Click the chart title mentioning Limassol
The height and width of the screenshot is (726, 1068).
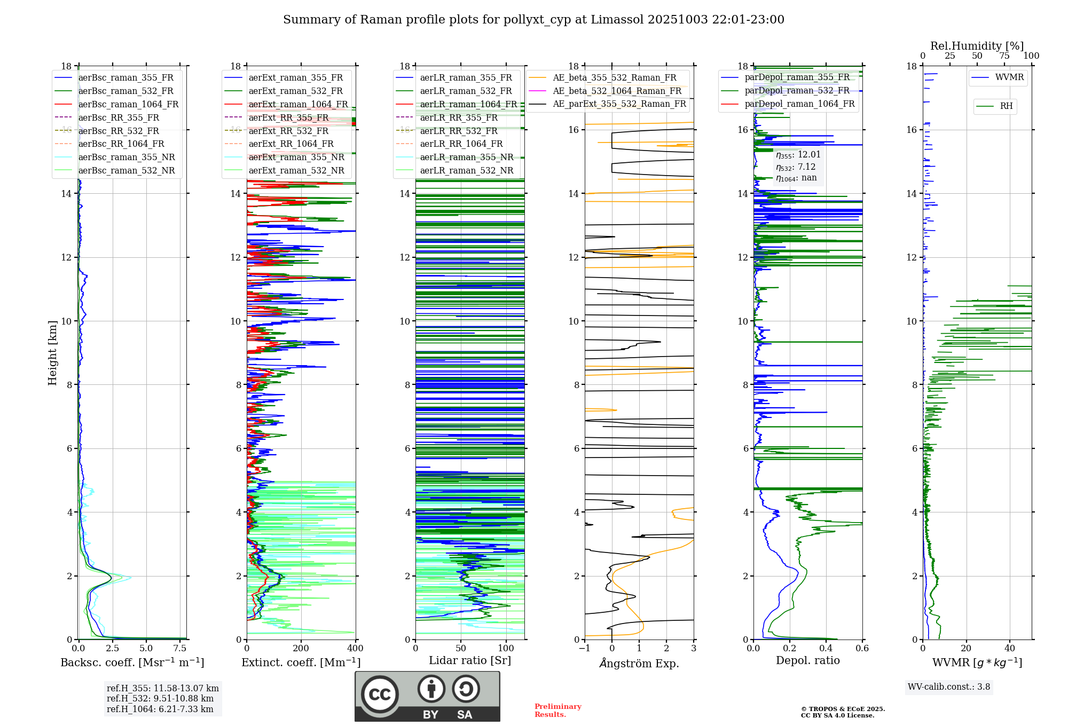[533, 20]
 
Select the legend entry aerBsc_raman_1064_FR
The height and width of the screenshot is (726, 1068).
[128, 104]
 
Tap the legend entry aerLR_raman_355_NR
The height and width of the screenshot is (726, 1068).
[467, 157]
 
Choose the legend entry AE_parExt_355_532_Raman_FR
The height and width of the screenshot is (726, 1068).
[619, 104]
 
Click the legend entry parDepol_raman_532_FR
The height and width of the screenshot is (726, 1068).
[797, 91]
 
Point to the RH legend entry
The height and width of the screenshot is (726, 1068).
[1006, 106]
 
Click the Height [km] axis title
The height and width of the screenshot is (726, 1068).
[52, 352]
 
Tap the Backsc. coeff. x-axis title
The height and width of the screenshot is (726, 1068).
[132, 662]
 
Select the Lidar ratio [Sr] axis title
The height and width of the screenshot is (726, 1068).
[470, 660]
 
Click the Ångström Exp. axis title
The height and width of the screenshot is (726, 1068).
[639, 664]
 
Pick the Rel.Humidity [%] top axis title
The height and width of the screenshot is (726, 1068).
[977, 46]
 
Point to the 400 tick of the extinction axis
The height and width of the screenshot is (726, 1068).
[355, 649]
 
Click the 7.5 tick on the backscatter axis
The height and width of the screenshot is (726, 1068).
[180, 649]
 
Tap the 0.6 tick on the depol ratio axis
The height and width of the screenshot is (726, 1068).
[862, 649]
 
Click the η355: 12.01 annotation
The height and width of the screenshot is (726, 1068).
[798, 155]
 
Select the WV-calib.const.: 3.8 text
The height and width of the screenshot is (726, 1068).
[949, 687]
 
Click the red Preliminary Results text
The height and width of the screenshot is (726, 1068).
[557, 711]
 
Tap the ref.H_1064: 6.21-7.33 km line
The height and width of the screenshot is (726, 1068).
[160, 709]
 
